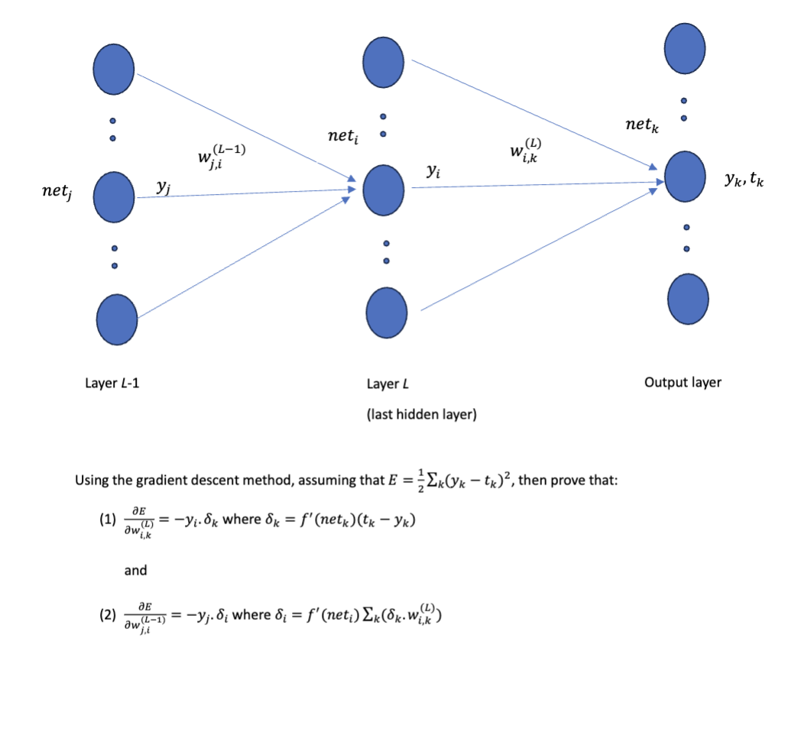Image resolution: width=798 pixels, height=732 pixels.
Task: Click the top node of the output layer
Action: coord(684,47)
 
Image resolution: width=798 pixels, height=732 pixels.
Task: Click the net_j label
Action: coord(57,195)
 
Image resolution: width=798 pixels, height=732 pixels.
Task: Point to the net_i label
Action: coord(343,137)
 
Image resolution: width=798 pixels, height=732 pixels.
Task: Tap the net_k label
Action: coord(641,124)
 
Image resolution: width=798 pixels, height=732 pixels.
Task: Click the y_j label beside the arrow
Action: coord(163,186)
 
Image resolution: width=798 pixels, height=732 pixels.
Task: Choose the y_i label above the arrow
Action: coord(433,173)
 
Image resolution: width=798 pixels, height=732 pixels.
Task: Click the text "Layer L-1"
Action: coord(112,384)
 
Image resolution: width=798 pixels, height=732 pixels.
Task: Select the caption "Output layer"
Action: coord(683,382)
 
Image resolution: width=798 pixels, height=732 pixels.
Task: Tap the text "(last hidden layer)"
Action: coord(421,414)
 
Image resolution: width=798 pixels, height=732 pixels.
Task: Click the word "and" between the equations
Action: coord(135,570)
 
